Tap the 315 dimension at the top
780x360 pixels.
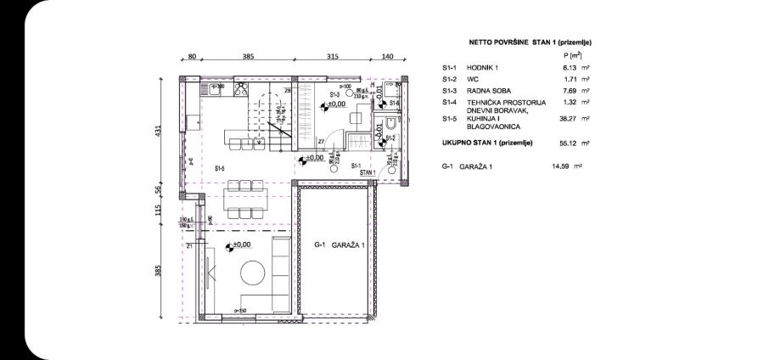tap(332, 56)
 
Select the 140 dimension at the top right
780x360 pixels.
tap(387, 56)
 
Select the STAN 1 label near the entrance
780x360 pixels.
tap(368, 172)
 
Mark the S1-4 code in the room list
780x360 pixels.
tap(450, 102)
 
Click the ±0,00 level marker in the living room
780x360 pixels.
tap(242, 245)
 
